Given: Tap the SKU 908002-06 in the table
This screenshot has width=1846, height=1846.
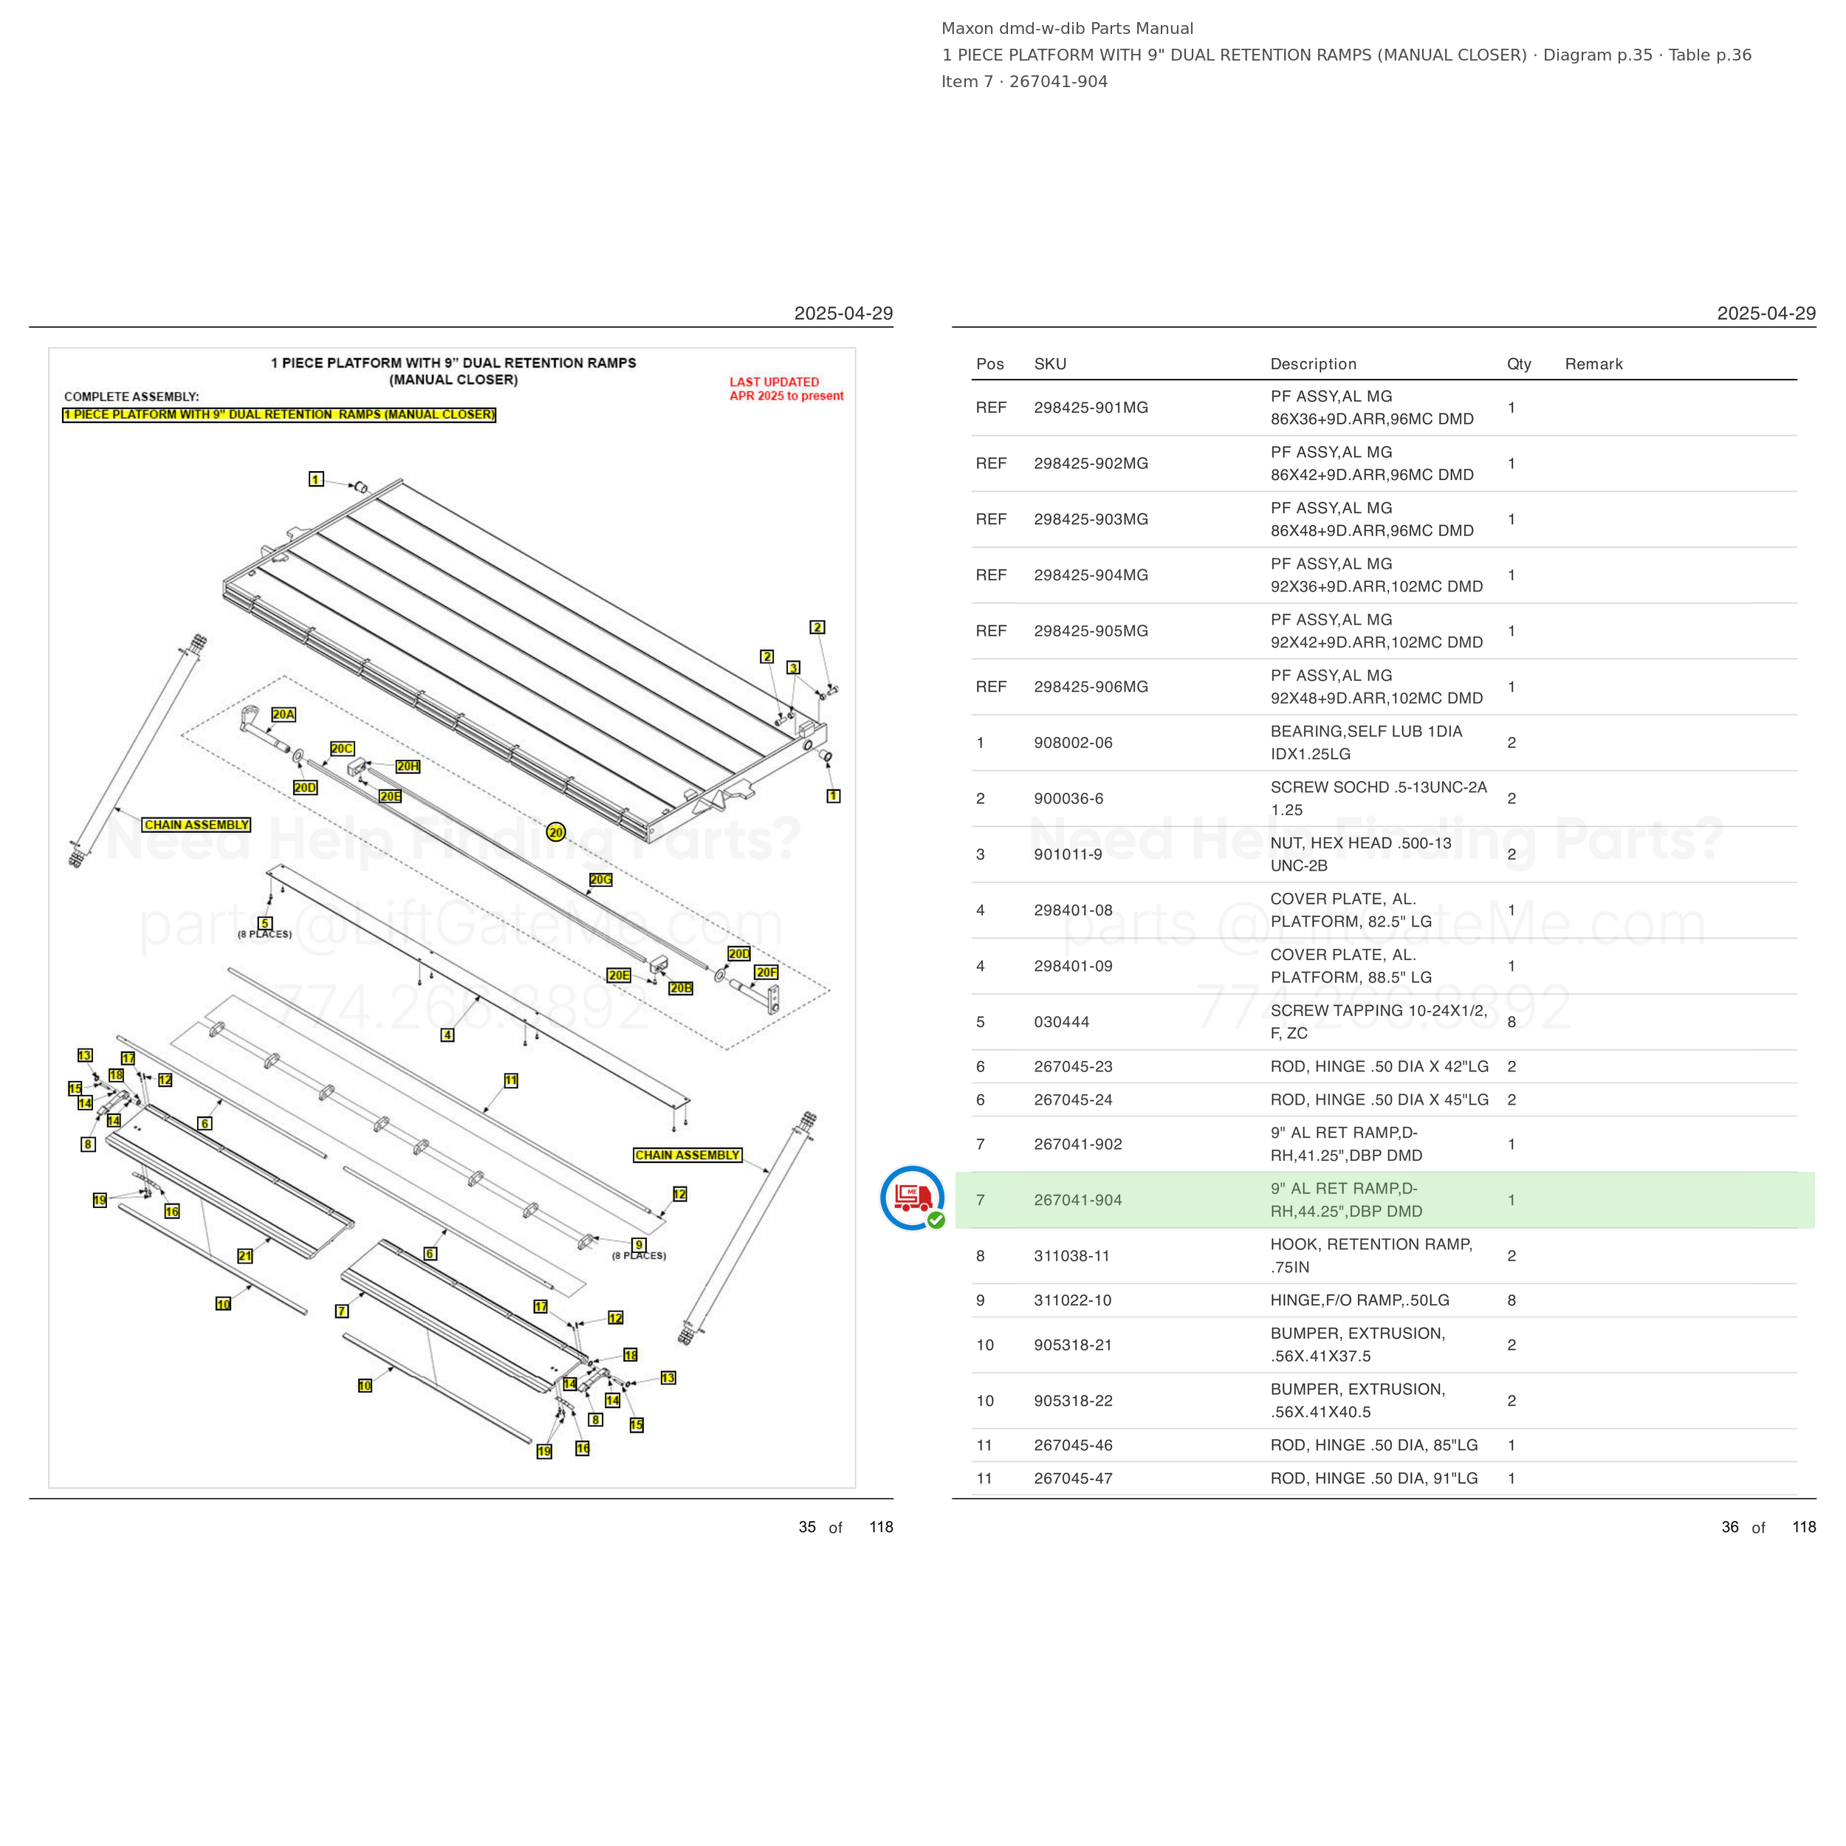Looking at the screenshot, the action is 1073,742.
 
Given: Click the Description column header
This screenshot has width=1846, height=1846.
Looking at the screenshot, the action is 1313,364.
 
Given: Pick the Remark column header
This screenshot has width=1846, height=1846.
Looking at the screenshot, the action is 1593,364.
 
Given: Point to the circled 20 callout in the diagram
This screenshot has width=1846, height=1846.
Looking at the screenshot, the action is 556,832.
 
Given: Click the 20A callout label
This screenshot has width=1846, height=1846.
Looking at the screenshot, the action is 284,715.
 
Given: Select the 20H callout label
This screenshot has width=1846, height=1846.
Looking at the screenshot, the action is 408,766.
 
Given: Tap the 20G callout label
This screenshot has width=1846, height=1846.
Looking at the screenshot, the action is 600,879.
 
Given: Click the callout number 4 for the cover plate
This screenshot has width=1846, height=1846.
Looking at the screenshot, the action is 447,1034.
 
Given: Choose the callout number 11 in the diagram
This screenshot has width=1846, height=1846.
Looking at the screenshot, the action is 511,1081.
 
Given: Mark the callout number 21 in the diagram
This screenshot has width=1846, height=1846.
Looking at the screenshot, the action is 244,1255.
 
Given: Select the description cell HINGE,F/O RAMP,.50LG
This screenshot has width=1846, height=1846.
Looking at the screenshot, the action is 1359,1300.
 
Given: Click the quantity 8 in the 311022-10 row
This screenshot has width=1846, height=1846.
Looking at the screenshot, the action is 1512,1300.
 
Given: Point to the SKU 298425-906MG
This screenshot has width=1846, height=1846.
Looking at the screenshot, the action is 1091,687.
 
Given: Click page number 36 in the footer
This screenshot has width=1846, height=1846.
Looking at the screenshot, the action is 1729,1527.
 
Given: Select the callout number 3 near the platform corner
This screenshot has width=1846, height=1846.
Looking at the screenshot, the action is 793,668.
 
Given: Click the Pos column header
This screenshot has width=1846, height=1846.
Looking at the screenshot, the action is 990,364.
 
